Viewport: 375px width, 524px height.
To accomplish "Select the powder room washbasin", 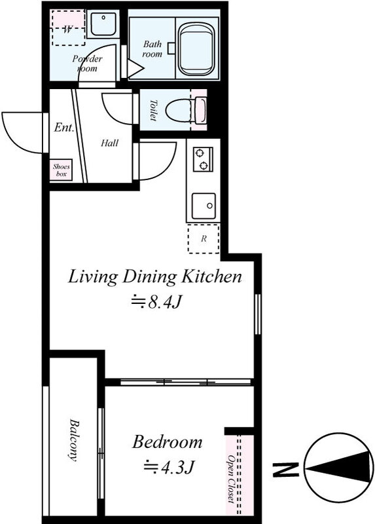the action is pos(103,24).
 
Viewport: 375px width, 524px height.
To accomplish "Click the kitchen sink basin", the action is pos(204,206).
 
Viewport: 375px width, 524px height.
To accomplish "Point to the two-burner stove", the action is pos(203,159).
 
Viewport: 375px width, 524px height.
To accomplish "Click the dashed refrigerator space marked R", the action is pos(204,238).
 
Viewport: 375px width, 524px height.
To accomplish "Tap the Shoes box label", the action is pos(62,170).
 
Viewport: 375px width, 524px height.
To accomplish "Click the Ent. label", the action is pos(63,127).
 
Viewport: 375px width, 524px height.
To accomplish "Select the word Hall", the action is pos(109,143).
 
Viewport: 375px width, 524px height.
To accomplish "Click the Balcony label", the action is pos(73,440).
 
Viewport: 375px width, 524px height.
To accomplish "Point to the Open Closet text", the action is pos(231,479).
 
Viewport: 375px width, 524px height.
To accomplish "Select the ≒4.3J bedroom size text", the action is pos(169,468).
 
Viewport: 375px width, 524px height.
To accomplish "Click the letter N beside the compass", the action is pos(285,470).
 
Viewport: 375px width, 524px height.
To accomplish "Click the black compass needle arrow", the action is pos(339,468).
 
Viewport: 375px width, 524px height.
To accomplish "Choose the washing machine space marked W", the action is pos(68,28).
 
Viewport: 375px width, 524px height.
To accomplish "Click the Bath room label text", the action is pos(152,48).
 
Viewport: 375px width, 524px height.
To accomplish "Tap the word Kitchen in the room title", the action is pos(211,276).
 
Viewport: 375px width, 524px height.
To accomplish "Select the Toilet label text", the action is pos(153,110).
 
